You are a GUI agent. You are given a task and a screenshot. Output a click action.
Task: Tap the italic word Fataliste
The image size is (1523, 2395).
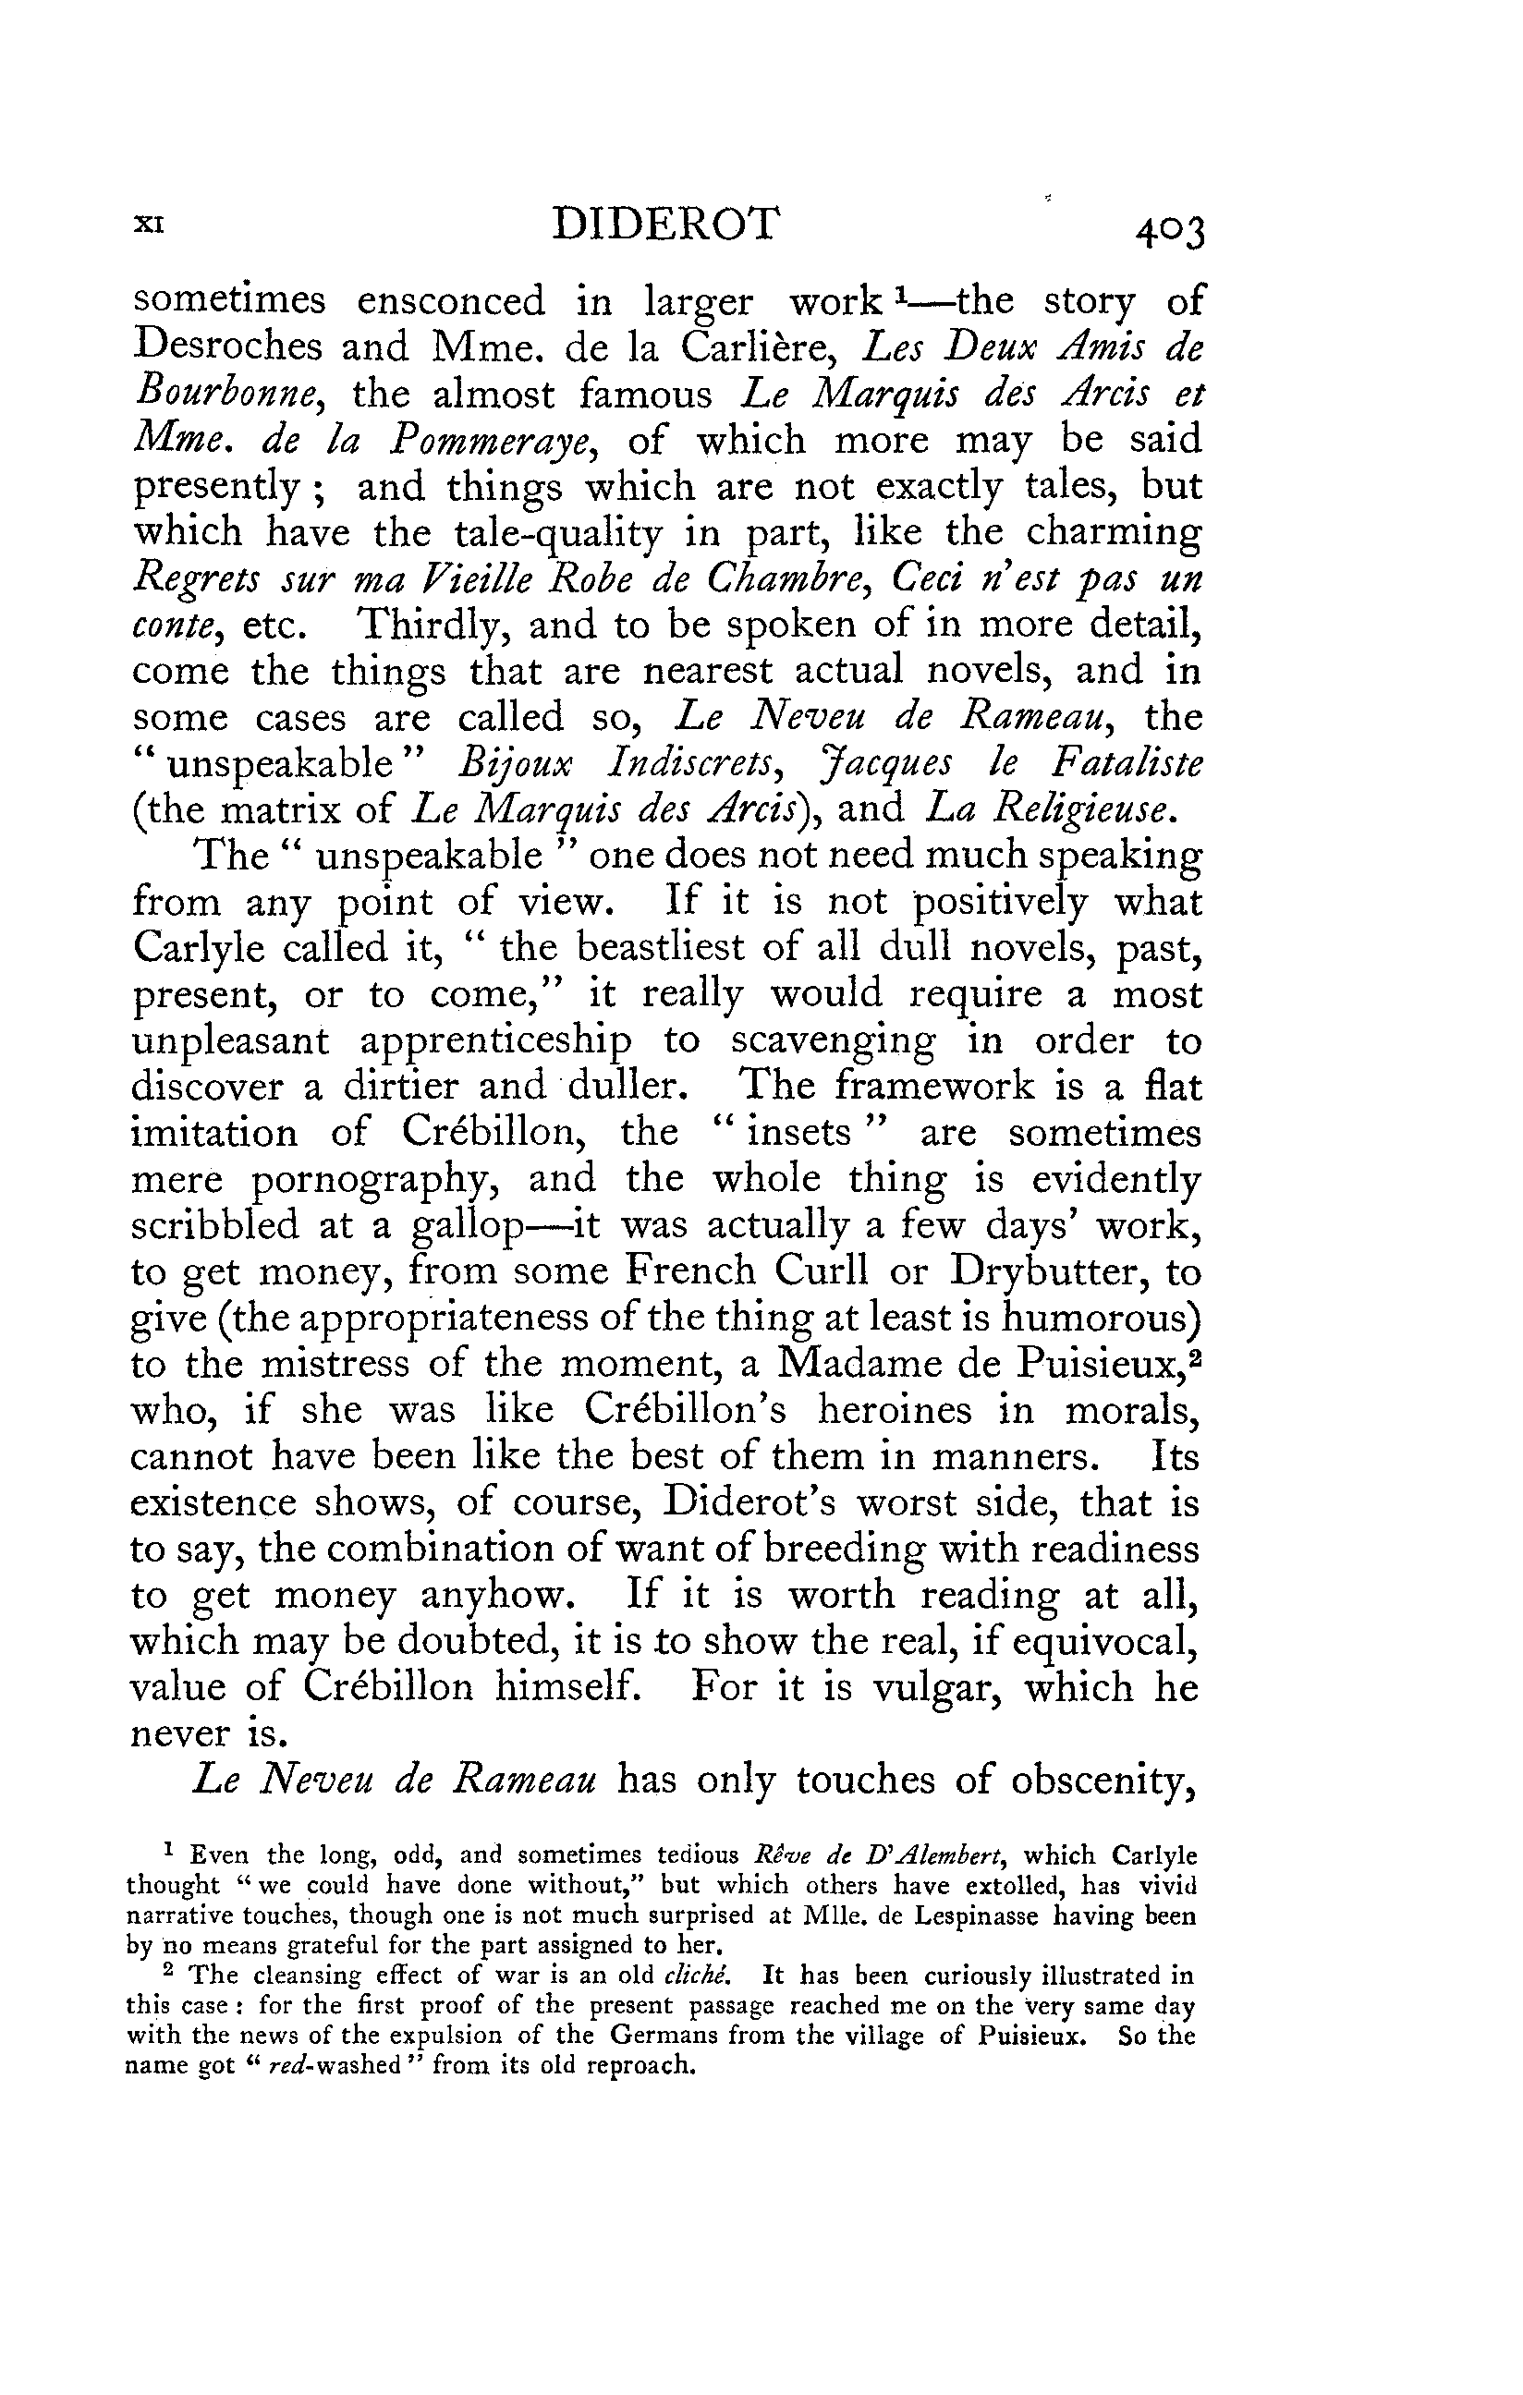click(x=1125, y=764)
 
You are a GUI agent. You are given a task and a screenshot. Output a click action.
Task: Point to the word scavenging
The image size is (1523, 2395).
click(x=832, y=1040)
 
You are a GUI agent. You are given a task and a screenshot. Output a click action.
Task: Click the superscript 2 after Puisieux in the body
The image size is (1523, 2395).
click(x=1195, y=1354)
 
